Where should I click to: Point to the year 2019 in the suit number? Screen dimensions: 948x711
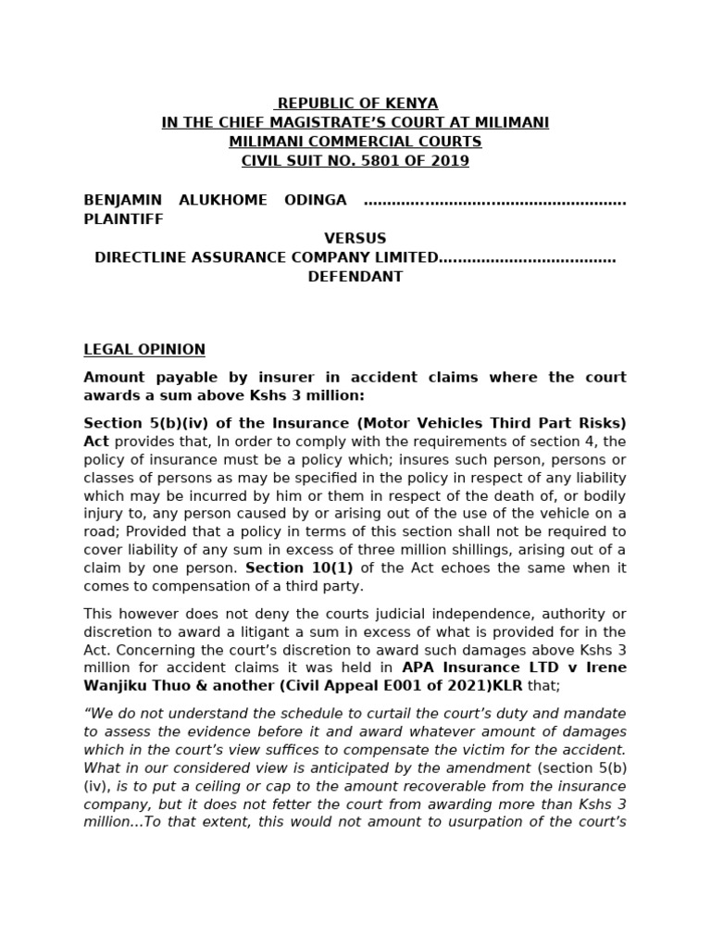coord(449,161)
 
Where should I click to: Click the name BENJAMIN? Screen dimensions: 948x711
coord(122,200)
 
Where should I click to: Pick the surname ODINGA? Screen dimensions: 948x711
coord(314,200)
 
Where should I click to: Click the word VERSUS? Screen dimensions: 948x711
coord(355,238)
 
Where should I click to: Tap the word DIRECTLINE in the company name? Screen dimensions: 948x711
coord(143,257)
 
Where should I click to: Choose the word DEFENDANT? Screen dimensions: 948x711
coord(355,277)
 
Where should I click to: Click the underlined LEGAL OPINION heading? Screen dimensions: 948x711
coord(144,350)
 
